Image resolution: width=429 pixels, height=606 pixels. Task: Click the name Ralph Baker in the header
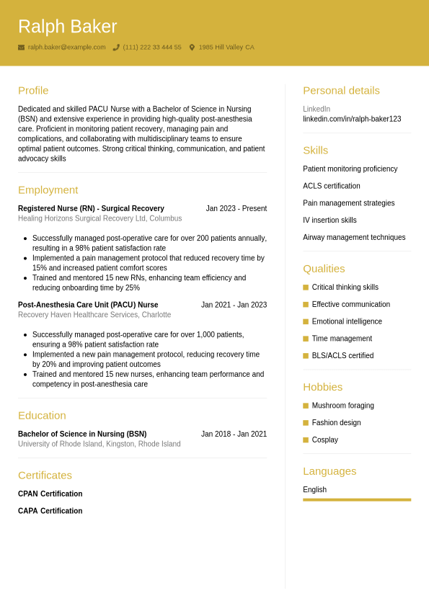tap(67, 27)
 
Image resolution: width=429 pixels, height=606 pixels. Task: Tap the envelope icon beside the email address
tap(21, 48)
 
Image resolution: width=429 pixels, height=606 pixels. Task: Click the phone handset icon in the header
tap(116, 48)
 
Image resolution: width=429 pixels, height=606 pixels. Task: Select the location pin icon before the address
tap(192, 48)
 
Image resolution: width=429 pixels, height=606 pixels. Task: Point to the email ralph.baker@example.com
tap(66, 48)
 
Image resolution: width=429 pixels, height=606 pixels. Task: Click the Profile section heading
tap(33, 91)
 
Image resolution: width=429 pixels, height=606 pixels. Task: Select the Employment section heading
tap(48, 190)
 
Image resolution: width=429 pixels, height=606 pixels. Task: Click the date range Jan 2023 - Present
tap(236, 209)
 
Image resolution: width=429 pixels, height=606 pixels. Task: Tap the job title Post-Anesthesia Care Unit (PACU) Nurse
tap(88, 305)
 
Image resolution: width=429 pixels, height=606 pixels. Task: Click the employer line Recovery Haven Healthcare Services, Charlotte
tap(94, 315)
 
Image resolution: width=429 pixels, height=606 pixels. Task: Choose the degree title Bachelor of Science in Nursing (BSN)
tap(82, 435)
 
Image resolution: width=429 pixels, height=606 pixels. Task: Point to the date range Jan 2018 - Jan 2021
tap(234, 435)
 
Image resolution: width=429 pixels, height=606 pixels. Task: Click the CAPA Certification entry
tap(50, 511)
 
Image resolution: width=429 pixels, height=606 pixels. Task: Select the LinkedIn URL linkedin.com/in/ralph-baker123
tap(352, 119)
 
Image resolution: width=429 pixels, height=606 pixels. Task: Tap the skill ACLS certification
tap(332, 186)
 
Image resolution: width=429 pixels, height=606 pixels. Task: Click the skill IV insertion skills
tap(330, 220)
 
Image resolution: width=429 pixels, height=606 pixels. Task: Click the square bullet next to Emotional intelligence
tap(306, 321)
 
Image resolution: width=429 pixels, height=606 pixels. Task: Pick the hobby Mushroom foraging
tap(342, 406)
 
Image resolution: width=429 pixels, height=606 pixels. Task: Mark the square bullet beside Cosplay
tap(306, 440)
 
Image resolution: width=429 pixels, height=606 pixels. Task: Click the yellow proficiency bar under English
tap(357, 499)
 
